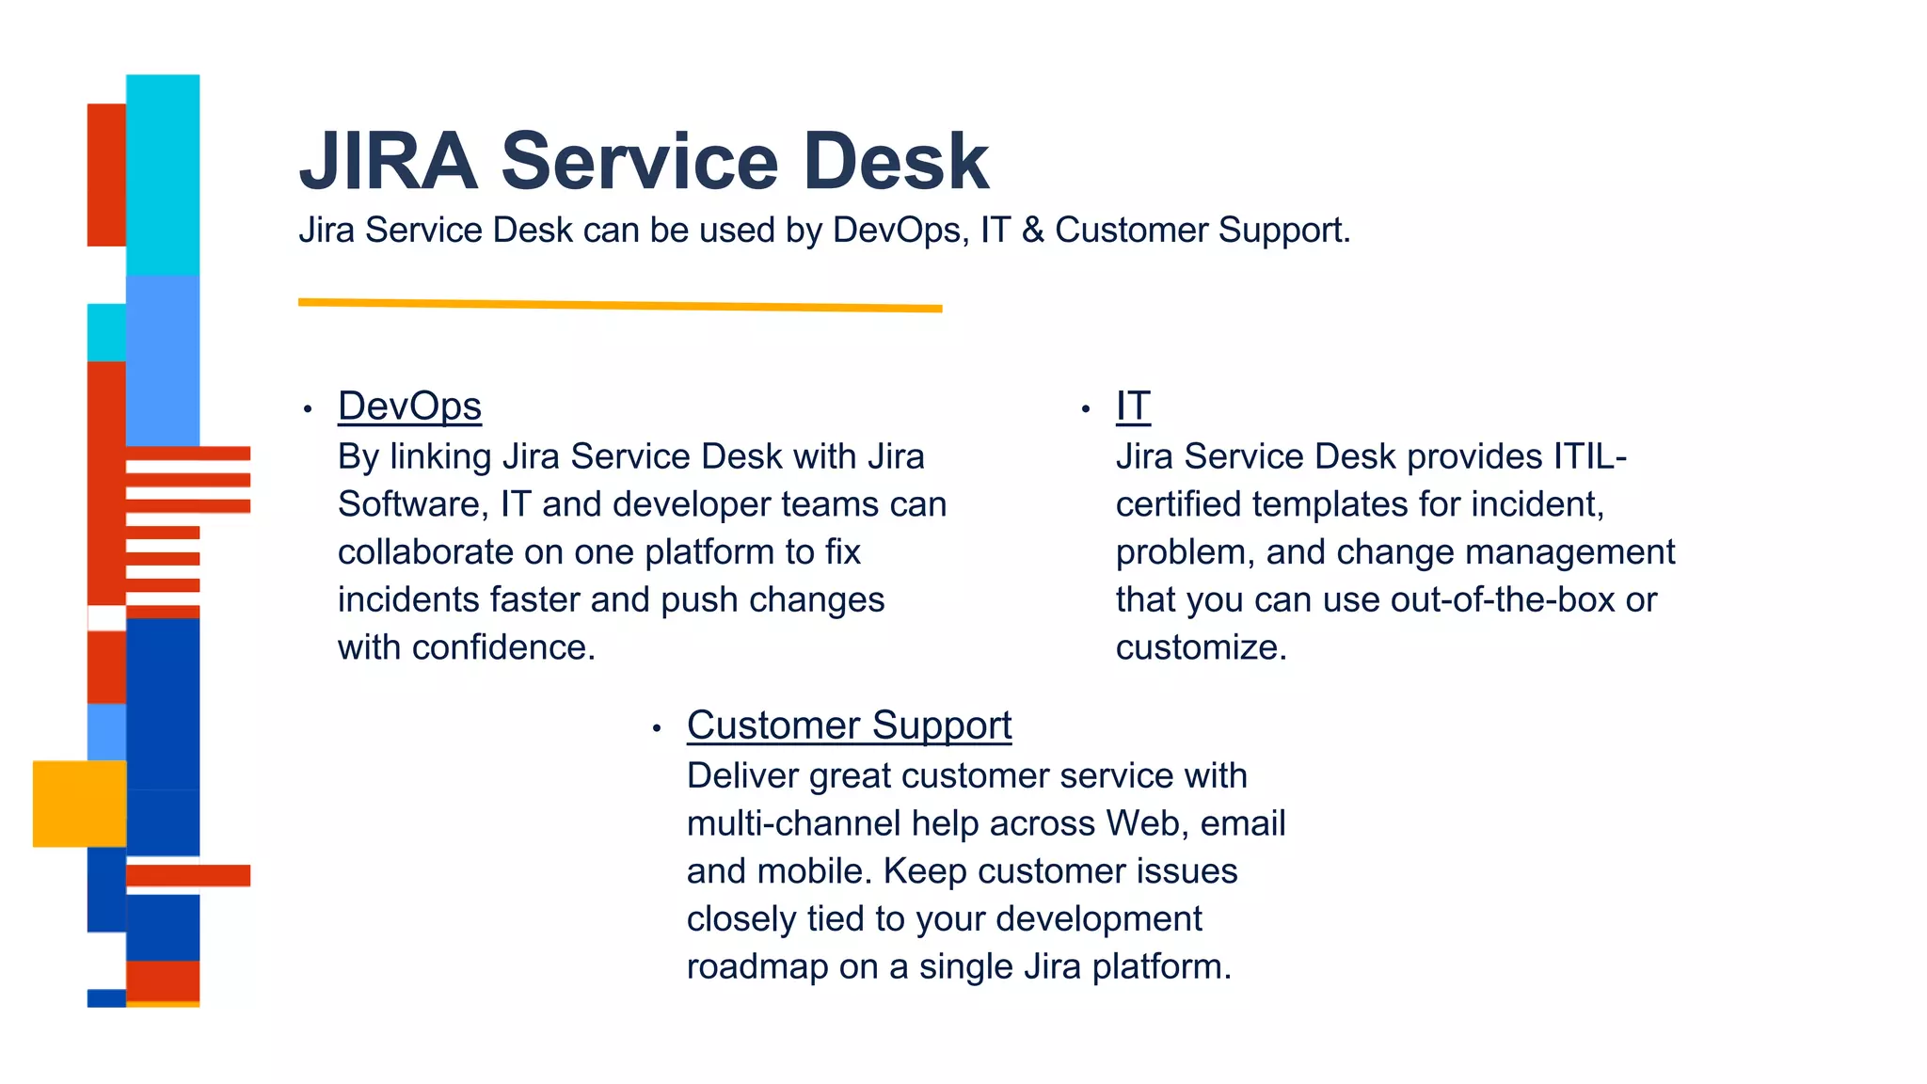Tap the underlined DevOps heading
(409, 406)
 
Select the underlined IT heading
(1133, 406)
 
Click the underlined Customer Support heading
(849, 725)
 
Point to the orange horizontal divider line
(620, 304)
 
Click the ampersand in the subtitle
(1032, 231)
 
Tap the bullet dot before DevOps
(308, 409)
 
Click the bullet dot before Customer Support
(657, 728)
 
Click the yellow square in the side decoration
(79, 804)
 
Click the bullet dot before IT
(1086, 409)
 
